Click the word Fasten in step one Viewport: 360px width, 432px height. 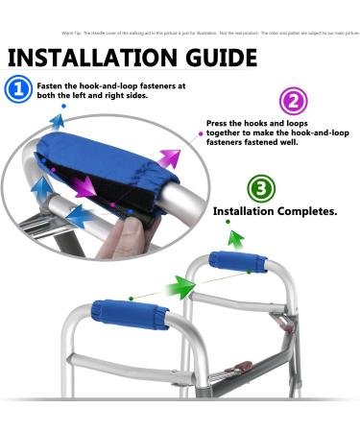[x=50, y=84]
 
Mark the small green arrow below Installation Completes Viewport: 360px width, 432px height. [x=228, y=225]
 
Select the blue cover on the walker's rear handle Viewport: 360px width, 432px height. [x=238, y=262]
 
